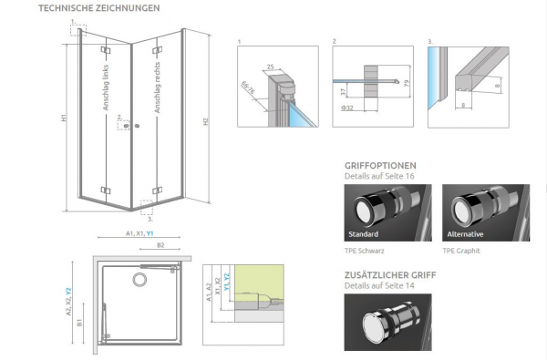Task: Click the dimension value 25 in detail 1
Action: [x=272, y=67]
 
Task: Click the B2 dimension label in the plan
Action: [x=160, y=245]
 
